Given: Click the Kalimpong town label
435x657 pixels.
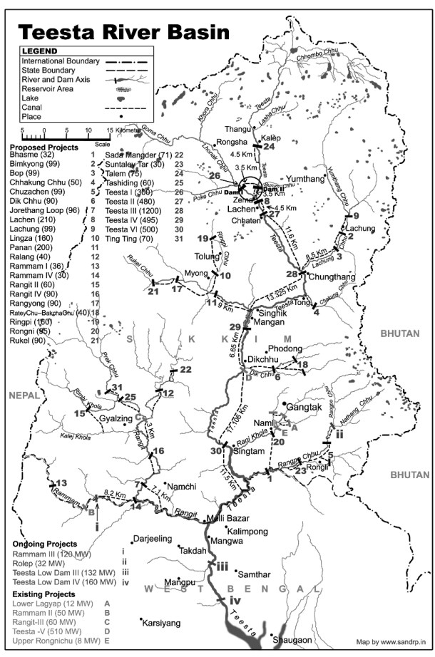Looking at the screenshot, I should [247, 532].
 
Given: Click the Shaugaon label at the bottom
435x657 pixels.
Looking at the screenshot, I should [293, 641].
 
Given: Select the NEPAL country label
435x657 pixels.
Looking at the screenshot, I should [24, 394].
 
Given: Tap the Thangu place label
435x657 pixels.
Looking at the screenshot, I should [237, 129].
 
